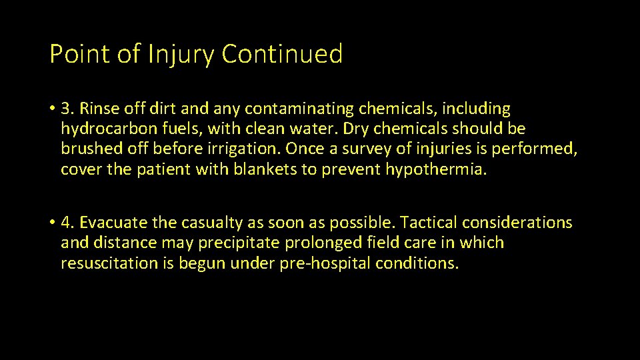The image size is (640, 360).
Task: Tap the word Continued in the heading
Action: [x=282, y=54]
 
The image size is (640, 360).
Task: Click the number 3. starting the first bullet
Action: [x=68, y=108]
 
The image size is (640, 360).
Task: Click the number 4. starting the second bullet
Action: [x=68, y=223]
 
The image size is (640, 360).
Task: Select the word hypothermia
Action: [x=436, y=169]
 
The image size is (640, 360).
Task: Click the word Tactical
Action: [x=426, y=223]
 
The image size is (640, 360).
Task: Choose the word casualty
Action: [x=201, y=223]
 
